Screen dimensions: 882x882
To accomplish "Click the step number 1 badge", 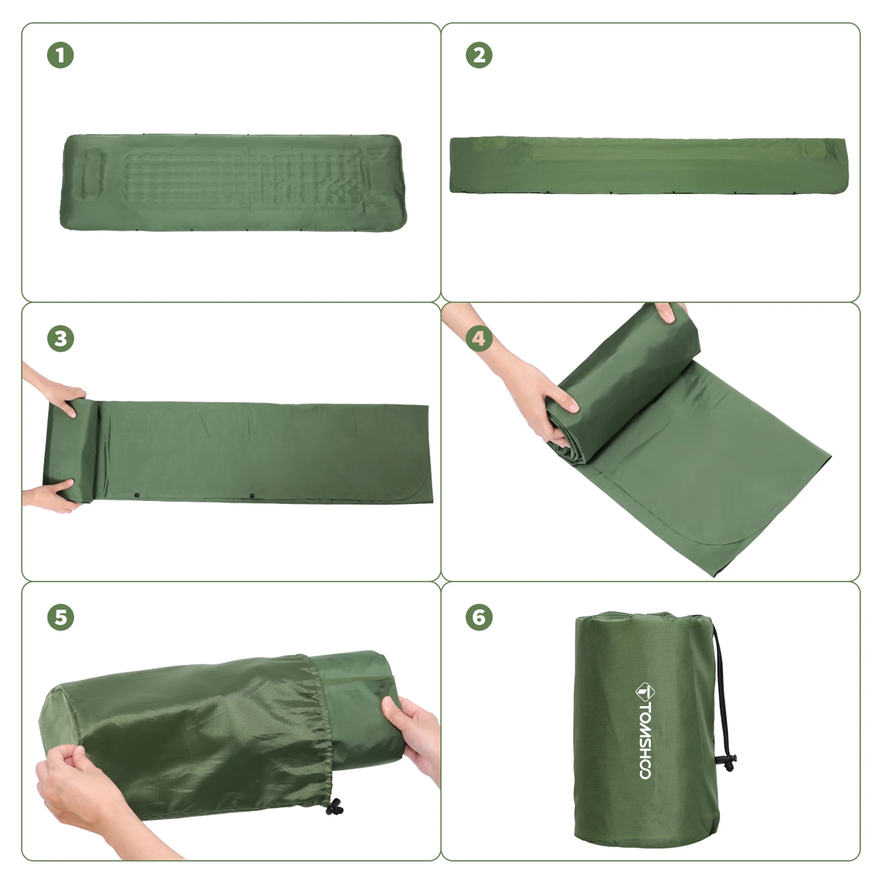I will click(61, 56).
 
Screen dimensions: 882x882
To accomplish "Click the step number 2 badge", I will click(479, 56).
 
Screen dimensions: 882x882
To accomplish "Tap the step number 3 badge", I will click(61, 338).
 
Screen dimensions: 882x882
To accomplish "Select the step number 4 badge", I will click(479, 338).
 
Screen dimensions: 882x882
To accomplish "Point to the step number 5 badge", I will click(61, 617).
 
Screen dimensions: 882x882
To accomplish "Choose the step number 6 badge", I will click(479, 617).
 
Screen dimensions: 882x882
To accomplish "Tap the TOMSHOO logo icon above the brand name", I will click(646, 691).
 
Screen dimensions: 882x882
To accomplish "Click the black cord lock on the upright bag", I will click(725, 763).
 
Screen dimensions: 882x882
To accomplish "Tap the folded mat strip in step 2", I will click(648, 165).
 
